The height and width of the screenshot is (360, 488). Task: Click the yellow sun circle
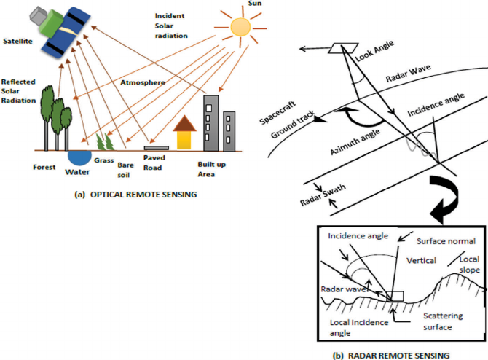point(240,27)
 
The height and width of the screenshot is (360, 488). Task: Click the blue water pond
point(79,157)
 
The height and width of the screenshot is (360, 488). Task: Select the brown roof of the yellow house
point(184,123)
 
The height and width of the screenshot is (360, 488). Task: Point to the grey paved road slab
point(157,148)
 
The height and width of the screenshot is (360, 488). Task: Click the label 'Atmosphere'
point(143,82)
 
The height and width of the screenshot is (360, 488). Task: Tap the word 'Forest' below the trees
point(44,167)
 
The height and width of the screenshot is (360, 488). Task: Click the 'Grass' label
point(104,160)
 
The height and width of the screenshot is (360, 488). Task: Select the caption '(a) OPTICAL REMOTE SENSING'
point(135,195)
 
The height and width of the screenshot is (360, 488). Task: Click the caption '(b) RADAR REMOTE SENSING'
point(391,356)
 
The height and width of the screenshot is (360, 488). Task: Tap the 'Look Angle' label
point(374,51)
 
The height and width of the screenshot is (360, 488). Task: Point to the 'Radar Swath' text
point(323,195)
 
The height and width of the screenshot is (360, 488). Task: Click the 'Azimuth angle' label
point(355,141)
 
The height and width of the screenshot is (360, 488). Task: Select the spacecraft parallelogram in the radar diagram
point(343,48)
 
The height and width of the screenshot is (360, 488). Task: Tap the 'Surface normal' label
point(446,241)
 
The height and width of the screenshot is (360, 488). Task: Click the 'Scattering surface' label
point(443,321)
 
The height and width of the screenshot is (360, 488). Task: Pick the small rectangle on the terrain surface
point(395,296)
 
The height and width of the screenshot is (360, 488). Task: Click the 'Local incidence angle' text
point(359,328)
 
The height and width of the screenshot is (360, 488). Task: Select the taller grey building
point(211,123)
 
